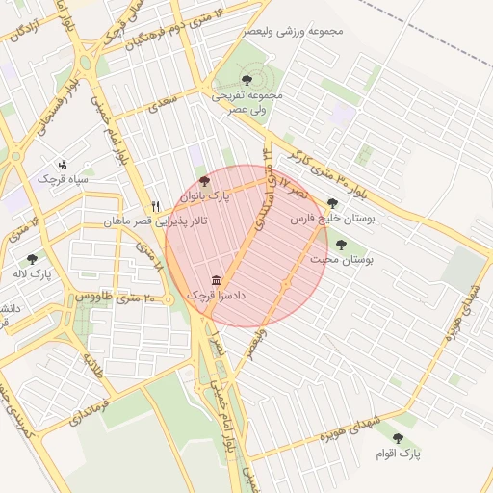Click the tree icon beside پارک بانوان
[x=203, y=181]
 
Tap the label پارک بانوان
[x=207, y=195]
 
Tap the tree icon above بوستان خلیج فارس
[x=332, y=204]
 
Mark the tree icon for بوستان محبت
[x=341, y=245]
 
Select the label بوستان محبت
[x=342, y=260]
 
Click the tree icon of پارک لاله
[x=33, y=258]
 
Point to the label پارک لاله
[x=33, y=273]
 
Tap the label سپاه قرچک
[x=63, y=179]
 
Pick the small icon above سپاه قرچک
[x=63, y=164]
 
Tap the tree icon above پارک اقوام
[x=398, y=438]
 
